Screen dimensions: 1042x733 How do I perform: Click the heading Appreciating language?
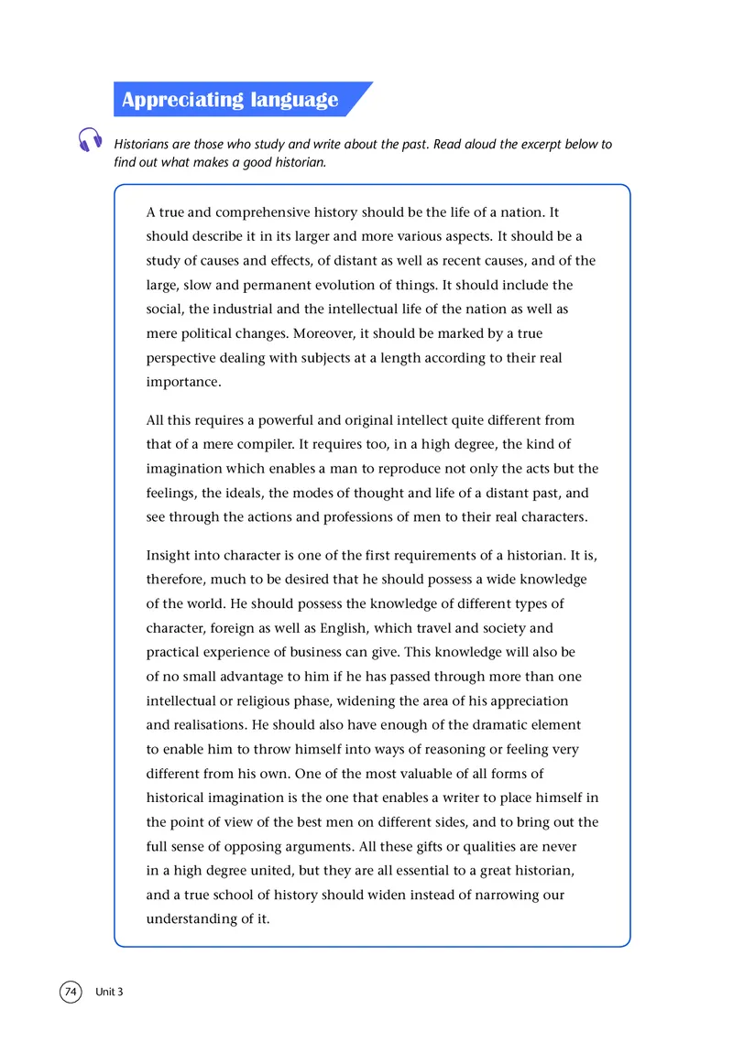[230, 100]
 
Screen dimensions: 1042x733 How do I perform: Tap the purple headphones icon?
[90, 139]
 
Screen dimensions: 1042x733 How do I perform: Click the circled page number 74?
[71, 992]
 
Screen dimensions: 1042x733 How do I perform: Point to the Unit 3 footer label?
[108, 993]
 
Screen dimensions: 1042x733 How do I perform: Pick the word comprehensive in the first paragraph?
[250, 212]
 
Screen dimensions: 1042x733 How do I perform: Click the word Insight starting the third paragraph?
[170, 556]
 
